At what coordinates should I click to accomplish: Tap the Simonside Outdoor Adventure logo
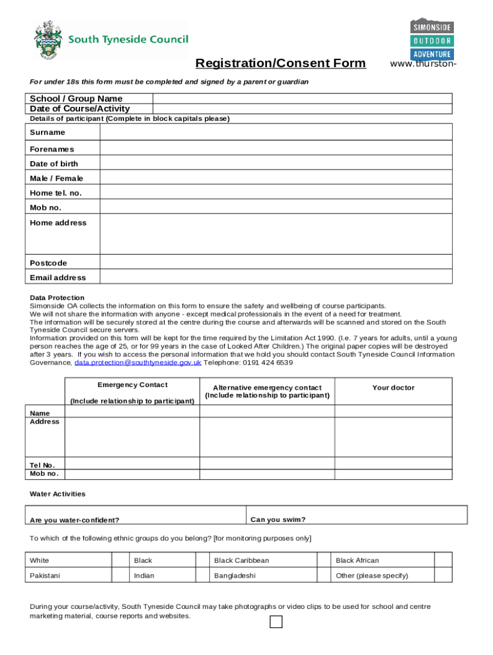tap(432, 39)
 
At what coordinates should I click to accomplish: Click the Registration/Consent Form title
tap(280, 63)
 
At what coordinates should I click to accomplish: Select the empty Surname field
tap(276, 132)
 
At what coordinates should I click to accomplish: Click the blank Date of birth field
tap(276, 164)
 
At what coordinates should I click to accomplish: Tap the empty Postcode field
tap(276, 263)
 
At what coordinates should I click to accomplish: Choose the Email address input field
tap(276, 278)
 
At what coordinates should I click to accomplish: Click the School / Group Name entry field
tap(302, 99)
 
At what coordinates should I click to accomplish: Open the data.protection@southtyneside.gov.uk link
tap(138, 363)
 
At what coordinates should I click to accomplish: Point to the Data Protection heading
tap(57, 297)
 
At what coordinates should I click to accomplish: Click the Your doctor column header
tap(393, 388)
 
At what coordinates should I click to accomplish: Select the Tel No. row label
tap(42, 465)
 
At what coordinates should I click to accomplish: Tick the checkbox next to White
tap(120, 560)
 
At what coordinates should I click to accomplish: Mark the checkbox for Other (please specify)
tap(443, 575)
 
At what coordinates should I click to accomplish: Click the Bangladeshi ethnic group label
tap(235, 576)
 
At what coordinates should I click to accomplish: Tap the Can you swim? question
tap(278, 519)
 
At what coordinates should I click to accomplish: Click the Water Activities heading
tap(58, 494)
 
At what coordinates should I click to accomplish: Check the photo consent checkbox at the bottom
tap(276, 622)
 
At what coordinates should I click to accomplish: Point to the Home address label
tap(58, 223)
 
